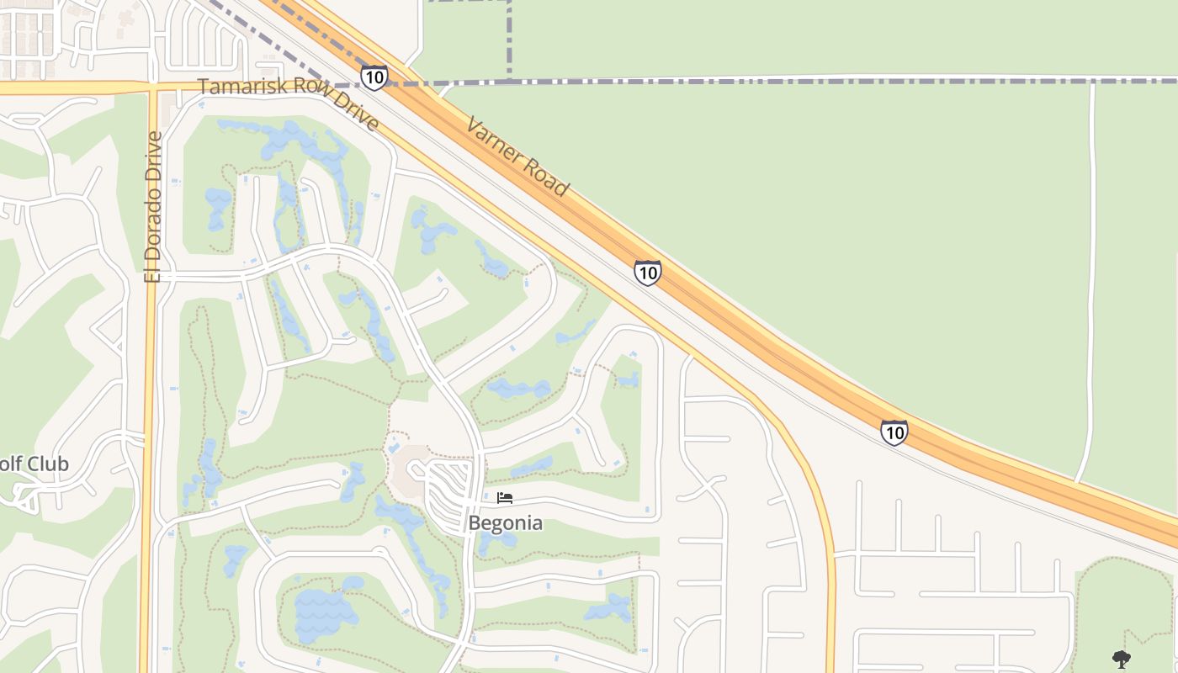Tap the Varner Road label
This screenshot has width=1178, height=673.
click(x=517, y=157)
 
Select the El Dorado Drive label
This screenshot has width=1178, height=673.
click(x=153, y=207)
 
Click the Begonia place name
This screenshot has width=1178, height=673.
click(x=505, y=523)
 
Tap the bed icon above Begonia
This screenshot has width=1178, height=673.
click(x=505, y=498)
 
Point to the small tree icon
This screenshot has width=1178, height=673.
click(x=1122, y=659)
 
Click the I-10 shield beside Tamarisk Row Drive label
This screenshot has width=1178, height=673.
click(x=374, y=77)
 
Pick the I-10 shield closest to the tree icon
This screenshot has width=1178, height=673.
click(x=894, y=432)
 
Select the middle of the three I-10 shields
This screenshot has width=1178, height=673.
click(x=647, y=273)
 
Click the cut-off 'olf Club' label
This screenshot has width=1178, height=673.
click(x=34, y=464)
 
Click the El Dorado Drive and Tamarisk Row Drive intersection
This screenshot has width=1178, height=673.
click(x=152, y=87)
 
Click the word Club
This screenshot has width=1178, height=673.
click(x=48, y=464)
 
